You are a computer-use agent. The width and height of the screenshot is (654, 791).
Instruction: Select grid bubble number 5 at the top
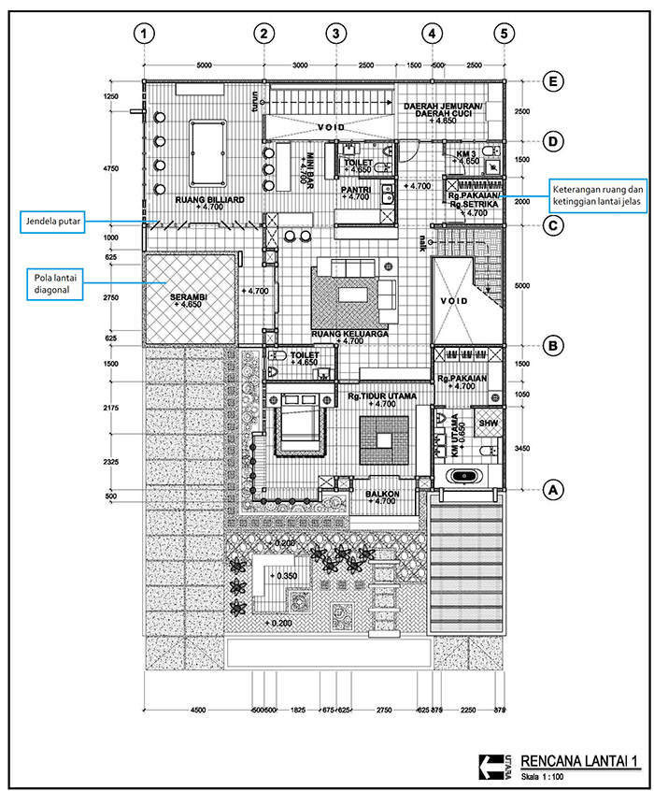tap(504, 34)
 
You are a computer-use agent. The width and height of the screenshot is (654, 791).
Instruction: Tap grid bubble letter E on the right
tap(554, 82)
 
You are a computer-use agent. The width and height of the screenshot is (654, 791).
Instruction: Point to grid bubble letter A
tap(554, 489)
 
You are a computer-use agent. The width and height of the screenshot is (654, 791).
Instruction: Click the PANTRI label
tap(356, 188)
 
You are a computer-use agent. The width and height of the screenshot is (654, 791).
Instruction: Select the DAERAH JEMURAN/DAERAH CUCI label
tap(443, 111)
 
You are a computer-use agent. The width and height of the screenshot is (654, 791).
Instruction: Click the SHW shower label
tap(489, 423)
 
